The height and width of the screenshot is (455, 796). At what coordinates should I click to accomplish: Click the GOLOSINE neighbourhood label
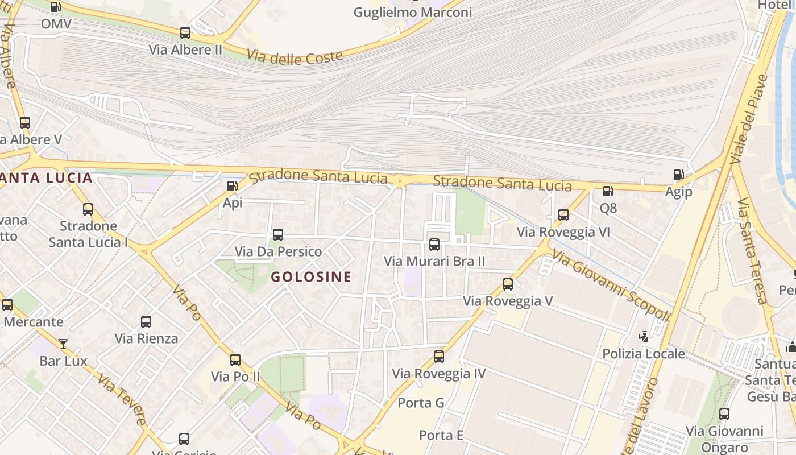coord(310,277)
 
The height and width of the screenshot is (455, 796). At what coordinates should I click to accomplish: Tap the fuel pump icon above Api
coord(232,185)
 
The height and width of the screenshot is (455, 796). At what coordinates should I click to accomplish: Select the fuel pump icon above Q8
coord(608,191)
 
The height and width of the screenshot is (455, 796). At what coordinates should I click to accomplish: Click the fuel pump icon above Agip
coord(678,175)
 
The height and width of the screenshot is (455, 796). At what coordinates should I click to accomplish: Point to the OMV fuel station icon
coord(55,7)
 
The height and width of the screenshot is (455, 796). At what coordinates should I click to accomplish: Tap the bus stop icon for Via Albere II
coord(185,33)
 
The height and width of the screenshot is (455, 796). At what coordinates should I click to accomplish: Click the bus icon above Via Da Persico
coord(278,234)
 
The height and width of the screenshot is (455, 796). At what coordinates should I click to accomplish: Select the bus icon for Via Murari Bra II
coord(434,245)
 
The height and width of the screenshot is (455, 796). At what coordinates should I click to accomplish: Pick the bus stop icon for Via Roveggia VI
coord(563,215)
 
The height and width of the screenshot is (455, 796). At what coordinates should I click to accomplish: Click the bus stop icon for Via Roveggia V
coord(508,284)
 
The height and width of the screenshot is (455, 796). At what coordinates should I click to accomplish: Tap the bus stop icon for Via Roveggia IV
coord(439,357)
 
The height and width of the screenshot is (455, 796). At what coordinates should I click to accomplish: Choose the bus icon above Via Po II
coord(235,359)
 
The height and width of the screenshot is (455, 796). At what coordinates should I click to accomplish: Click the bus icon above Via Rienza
coord(146,322)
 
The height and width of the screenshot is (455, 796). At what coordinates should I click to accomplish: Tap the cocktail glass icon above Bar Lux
coord(63,344)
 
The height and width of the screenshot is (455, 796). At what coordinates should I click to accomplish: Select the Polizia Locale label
coord(644,354)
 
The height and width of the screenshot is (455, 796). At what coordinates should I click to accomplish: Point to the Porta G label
coord(421,403)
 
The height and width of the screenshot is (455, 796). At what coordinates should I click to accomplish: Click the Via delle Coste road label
coord(295,56)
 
